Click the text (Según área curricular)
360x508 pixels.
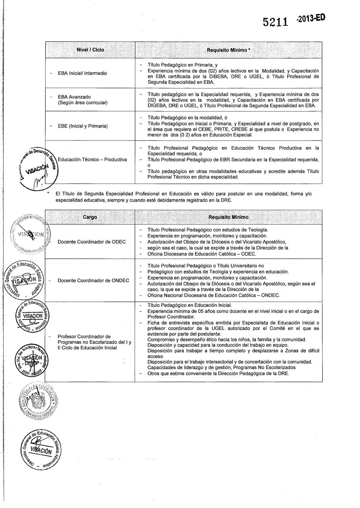[x=83, y=103]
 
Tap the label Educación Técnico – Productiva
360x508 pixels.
[x=92, y=160]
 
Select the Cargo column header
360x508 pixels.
[x=90, y=217]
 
